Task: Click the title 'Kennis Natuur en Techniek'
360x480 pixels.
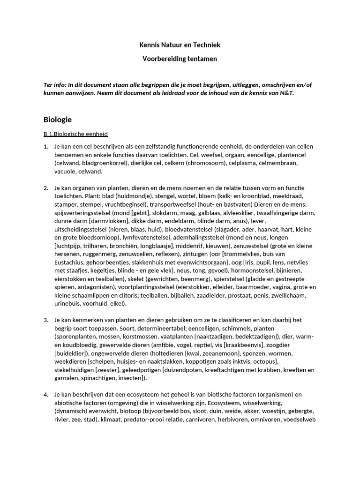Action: [x=180, y=45]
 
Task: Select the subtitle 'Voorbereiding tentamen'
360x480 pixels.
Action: [x=180, y=59]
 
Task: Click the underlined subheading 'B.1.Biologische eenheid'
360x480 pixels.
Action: [x=75, y=134]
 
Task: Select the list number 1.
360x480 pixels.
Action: [x=45, y=147]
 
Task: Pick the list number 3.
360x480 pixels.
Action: [x=45, y=320]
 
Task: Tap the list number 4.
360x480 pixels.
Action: [x=45, y=394]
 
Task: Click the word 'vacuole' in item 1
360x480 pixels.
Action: [x=66, y=172]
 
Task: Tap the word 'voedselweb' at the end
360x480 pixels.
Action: [x=299, y=420]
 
